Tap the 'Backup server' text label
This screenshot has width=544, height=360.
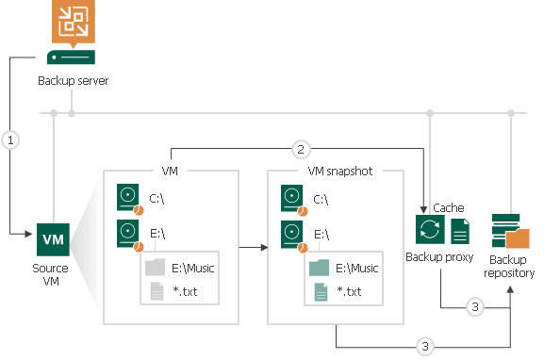73,80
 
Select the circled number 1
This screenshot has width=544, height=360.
11,139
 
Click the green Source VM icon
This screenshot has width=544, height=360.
53,239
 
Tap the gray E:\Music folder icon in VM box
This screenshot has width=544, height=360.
155,268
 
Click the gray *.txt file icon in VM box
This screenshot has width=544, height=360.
155,292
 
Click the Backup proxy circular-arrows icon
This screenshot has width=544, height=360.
428,231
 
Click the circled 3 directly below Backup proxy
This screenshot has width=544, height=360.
475,307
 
